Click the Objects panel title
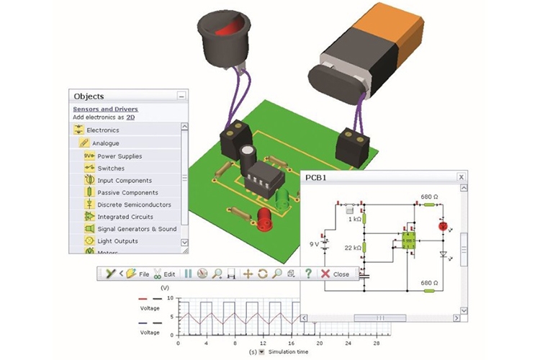click(89, 96)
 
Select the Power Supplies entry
click(120, 156)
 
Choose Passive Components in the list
click(127, 192)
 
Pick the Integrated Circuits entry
click(125, 216)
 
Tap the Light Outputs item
click(117, 240)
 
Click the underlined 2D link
click(130, 117)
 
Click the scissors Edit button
click(164, 274)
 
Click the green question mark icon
click(308, 274)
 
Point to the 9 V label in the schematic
click(316, 243)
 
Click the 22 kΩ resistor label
click(352, 248)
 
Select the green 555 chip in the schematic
click(409, 241)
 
